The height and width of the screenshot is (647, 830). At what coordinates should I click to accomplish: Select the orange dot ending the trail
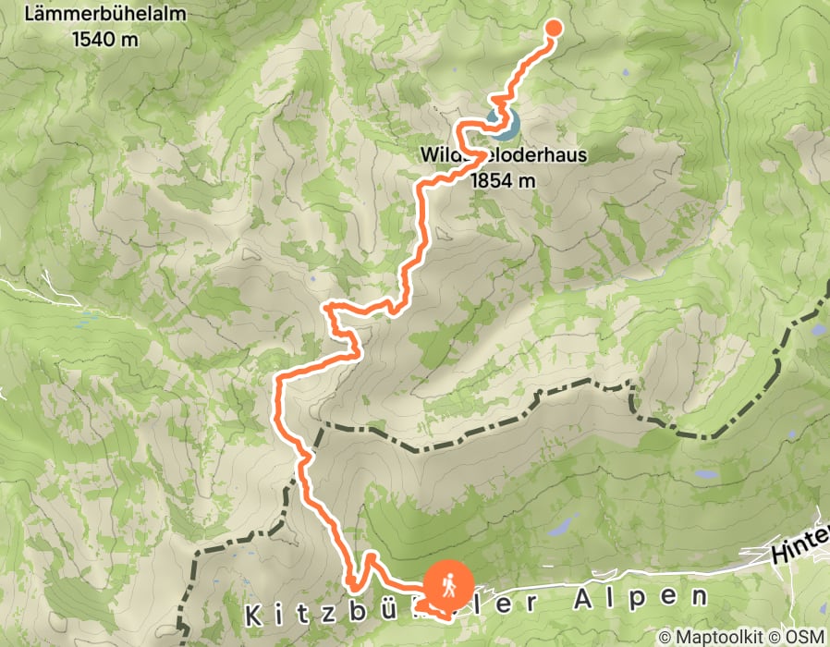tap(554, 27)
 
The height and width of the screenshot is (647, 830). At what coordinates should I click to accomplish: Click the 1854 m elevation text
tap(502, 180)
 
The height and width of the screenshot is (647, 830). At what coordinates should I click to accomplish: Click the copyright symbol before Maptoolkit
tap(665, 637)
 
